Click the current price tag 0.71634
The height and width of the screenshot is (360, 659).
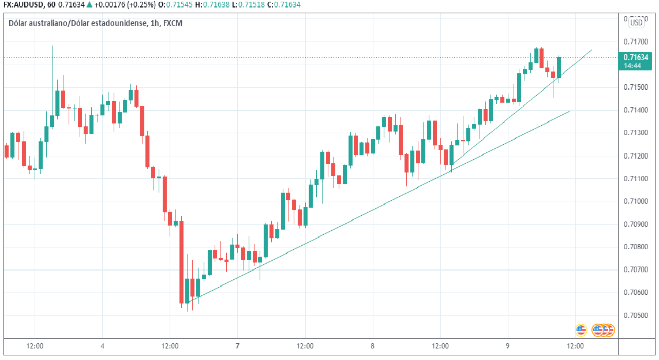pos(635,57)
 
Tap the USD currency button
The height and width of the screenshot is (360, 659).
pos(636,22)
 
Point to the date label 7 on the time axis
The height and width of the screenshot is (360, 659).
pos(237,346)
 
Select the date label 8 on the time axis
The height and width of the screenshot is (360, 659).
pos(373,346)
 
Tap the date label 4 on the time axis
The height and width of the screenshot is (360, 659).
pos(102,346)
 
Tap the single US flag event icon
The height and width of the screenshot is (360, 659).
pos(581,330)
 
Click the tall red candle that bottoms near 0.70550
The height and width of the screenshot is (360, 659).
pos(181,262)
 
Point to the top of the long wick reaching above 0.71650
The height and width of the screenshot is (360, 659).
pos(53,46)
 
